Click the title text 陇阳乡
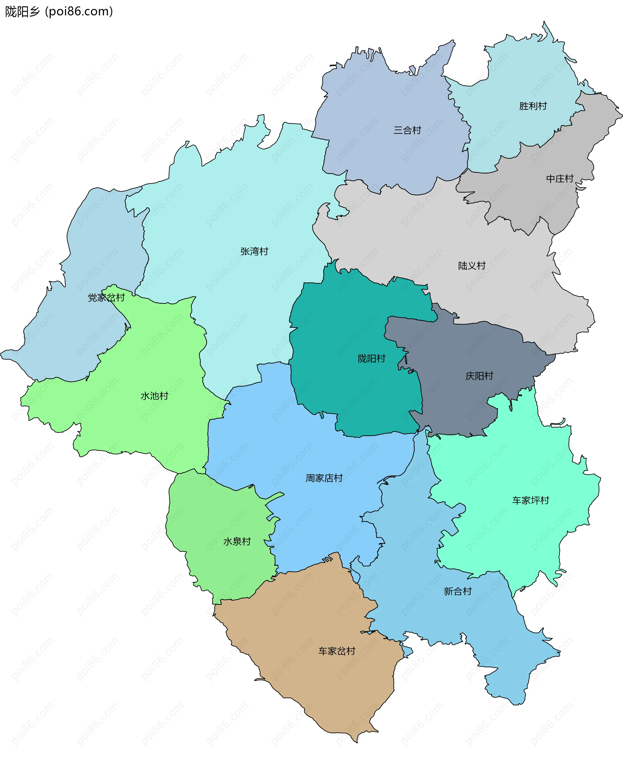[22, 12]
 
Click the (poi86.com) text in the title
[79, 12]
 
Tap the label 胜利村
[532, 106]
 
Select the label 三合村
[407, 130]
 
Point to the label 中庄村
[559, 179]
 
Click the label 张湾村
[254, 251]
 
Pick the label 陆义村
[471, 265]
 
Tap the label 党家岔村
[106, 298]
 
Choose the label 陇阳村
[371, 359]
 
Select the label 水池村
[154, 396]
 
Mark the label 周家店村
[324, 478]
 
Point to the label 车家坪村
[531, 500]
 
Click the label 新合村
[457, 591]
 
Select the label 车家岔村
[336, 651]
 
